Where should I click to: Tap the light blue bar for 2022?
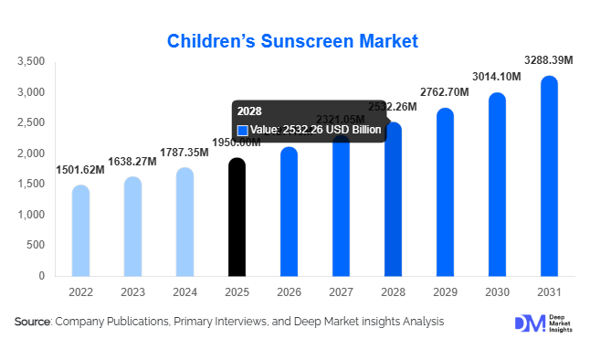80,230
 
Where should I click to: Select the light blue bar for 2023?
132,227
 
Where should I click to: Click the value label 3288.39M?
548,60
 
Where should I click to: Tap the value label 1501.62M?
81,169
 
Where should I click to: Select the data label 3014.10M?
496,77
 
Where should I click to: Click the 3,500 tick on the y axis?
31,61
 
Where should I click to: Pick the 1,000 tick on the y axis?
31,215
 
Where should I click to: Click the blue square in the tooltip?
243,131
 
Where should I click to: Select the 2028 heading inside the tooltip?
248,111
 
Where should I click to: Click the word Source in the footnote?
32,322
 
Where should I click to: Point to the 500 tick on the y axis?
36,245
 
